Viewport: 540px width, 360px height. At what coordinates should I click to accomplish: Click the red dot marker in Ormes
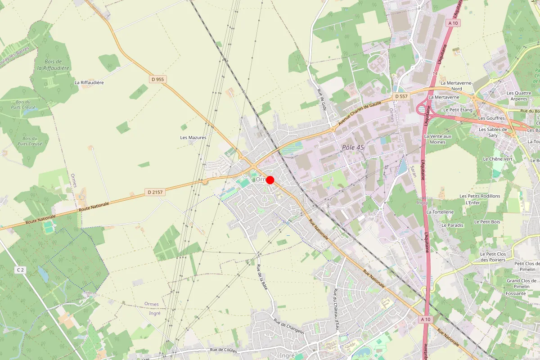point(270,180)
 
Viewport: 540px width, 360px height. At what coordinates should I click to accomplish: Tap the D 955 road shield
point(158,79)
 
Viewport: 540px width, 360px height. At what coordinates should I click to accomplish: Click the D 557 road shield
point(401,96)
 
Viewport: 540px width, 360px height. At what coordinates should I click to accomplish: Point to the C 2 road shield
point(20,270)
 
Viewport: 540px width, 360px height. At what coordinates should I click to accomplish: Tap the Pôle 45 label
point(353,148)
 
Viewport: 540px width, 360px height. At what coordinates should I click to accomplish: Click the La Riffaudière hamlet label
point(89,83)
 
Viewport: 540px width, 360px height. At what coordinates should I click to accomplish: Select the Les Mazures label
point(193,138)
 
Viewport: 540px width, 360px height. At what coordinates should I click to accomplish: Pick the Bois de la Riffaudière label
point(53,65)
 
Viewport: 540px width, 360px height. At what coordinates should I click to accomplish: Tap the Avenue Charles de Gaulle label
point(360,113)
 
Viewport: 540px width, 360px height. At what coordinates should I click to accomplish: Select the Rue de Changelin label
point(289,326)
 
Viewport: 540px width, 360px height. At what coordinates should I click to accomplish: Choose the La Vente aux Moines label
point(437,139)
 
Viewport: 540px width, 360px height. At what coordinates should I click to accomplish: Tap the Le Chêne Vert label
point(498,159)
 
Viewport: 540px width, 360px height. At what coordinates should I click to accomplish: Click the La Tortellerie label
point(440,211)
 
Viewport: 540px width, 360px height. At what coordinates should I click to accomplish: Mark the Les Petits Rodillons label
point(480,196)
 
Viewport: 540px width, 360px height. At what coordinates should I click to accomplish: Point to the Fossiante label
point(516,293)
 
